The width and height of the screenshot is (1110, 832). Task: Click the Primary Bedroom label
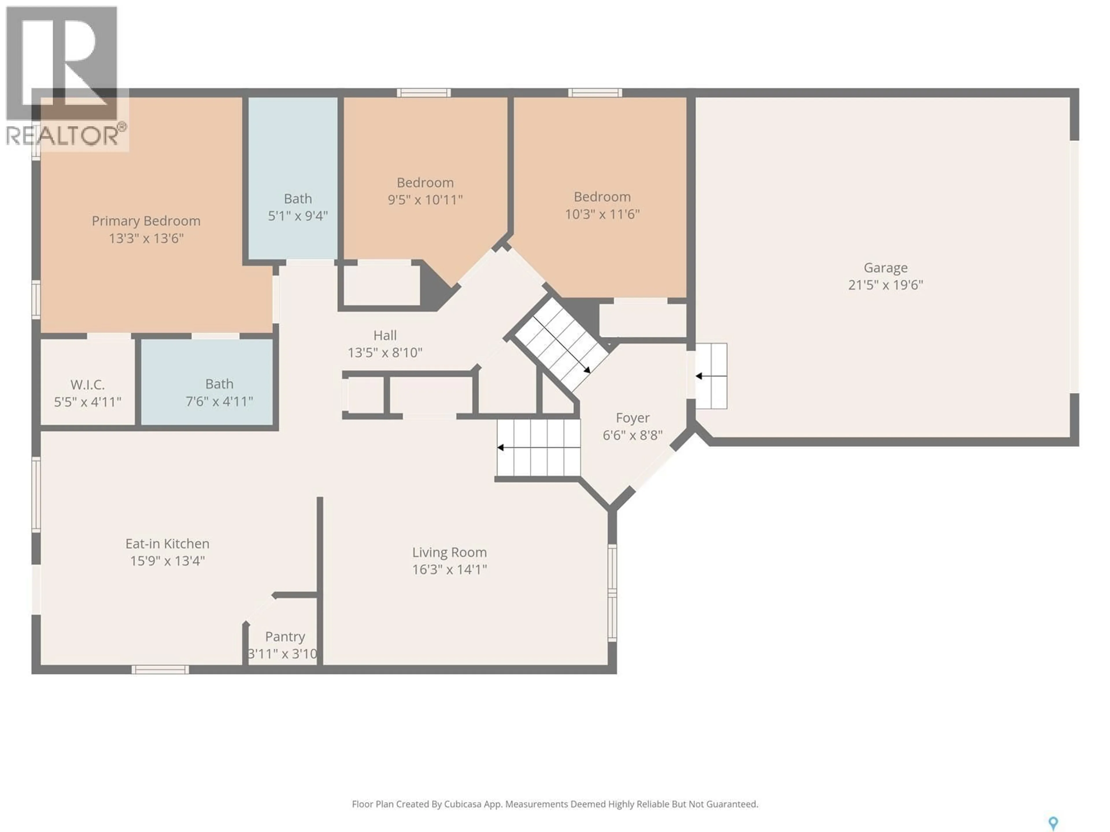tap(146, 221)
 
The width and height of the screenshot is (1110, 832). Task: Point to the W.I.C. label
tap(88, 385)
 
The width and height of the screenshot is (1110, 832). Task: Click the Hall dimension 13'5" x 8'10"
tap(385, 352)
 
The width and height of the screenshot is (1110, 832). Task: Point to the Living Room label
tap(449, 552)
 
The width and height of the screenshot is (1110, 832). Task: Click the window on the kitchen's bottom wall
tap(160, 670)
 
